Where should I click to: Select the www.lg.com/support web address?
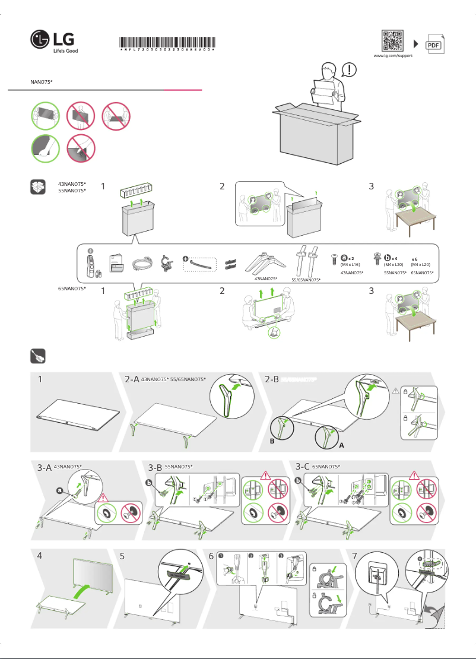[x=392, y=56]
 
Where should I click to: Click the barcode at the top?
[x=167, y=43]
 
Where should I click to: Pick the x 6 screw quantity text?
[x=415, y=259]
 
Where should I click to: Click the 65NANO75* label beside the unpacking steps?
[x=72, y=288]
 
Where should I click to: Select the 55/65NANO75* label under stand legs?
[x=306, y=280]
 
